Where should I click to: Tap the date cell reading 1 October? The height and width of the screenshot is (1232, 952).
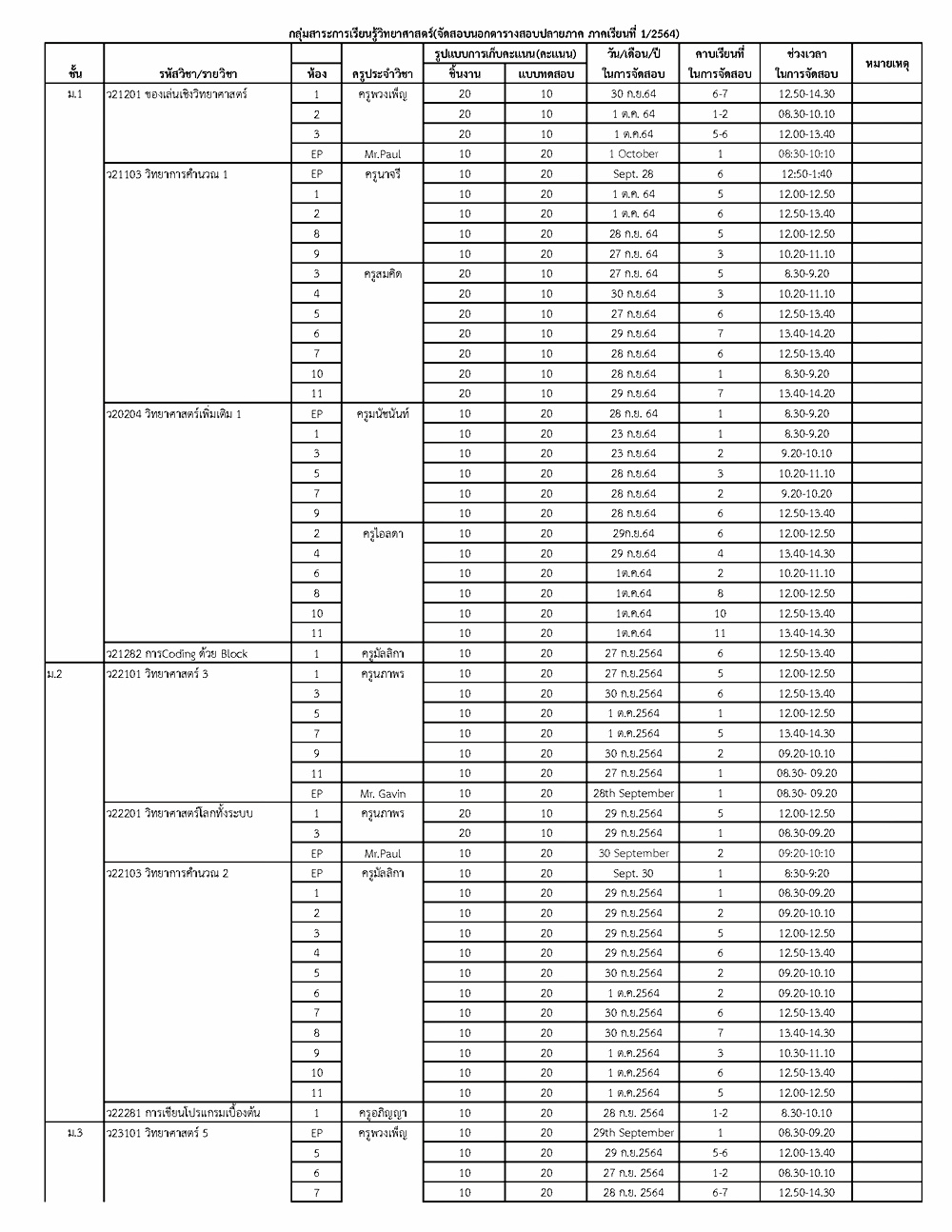pyautogui.click(x=633, y=154)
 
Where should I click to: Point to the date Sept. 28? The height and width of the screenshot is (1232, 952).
pyautogui.click(x=633, y=174)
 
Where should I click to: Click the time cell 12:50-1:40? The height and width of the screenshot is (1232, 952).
pyautogui.click(x=805, y=174)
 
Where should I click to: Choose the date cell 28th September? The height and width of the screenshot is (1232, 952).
pyautogui.click(x=633, y=793)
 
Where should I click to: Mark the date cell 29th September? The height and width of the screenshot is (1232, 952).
pyautogui.click(x=633, y=1133)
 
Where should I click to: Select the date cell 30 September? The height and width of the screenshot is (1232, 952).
pyautogui.click(x=633, y=853)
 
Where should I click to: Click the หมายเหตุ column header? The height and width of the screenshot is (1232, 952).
pyautogui.click(x=886, y=64)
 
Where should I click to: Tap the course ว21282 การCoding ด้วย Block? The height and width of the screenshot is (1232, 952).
pyautogui.click(x=178, y=654)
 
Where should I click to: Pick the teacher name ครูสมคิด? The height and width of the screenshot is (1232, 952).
pyautogui.click(x=383, y=274)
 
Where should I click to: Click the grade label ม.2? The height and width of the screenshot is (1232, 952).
pyautogui.click(x=54, y=674)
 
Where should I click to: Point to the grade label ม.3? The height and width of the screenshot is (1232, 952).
pyautogui.click(x=74, y=1133)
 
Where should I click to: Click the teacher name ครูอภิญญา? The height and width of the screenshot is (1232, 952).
pyautogui.click(x=383, y=1113)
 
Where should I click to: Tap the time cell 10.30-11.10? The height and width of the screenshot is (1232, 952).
pyautogui.click(x=805, y=1053)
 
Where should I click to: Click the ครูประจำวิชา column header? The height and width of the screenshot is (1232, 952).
pyautogui.click(x=383, y=73)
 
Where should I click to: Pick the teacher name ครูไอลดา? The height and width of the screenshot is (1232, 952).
pyautogui.click(x=383, y=534)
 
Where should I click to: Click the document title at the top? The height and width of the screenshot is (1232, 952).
pyautogui.click(x=483, y=32)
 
